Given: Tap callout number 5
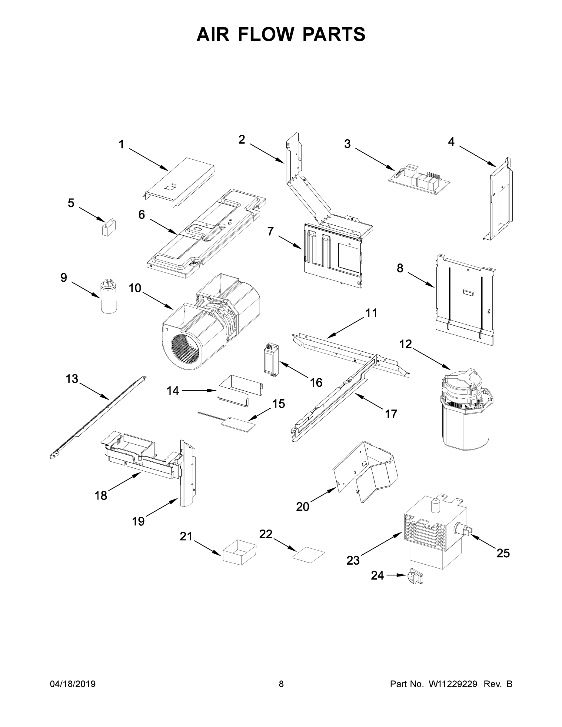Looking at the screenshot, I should coord(71,203).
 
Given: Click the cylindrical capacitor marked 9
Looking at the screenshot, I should coord(108,297).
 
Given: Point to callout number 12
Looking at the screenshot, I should coord(406,344).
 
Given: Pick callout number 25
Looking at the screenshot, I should coord(503,553).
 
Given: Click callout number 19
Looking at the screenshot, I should coord(138,521).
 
